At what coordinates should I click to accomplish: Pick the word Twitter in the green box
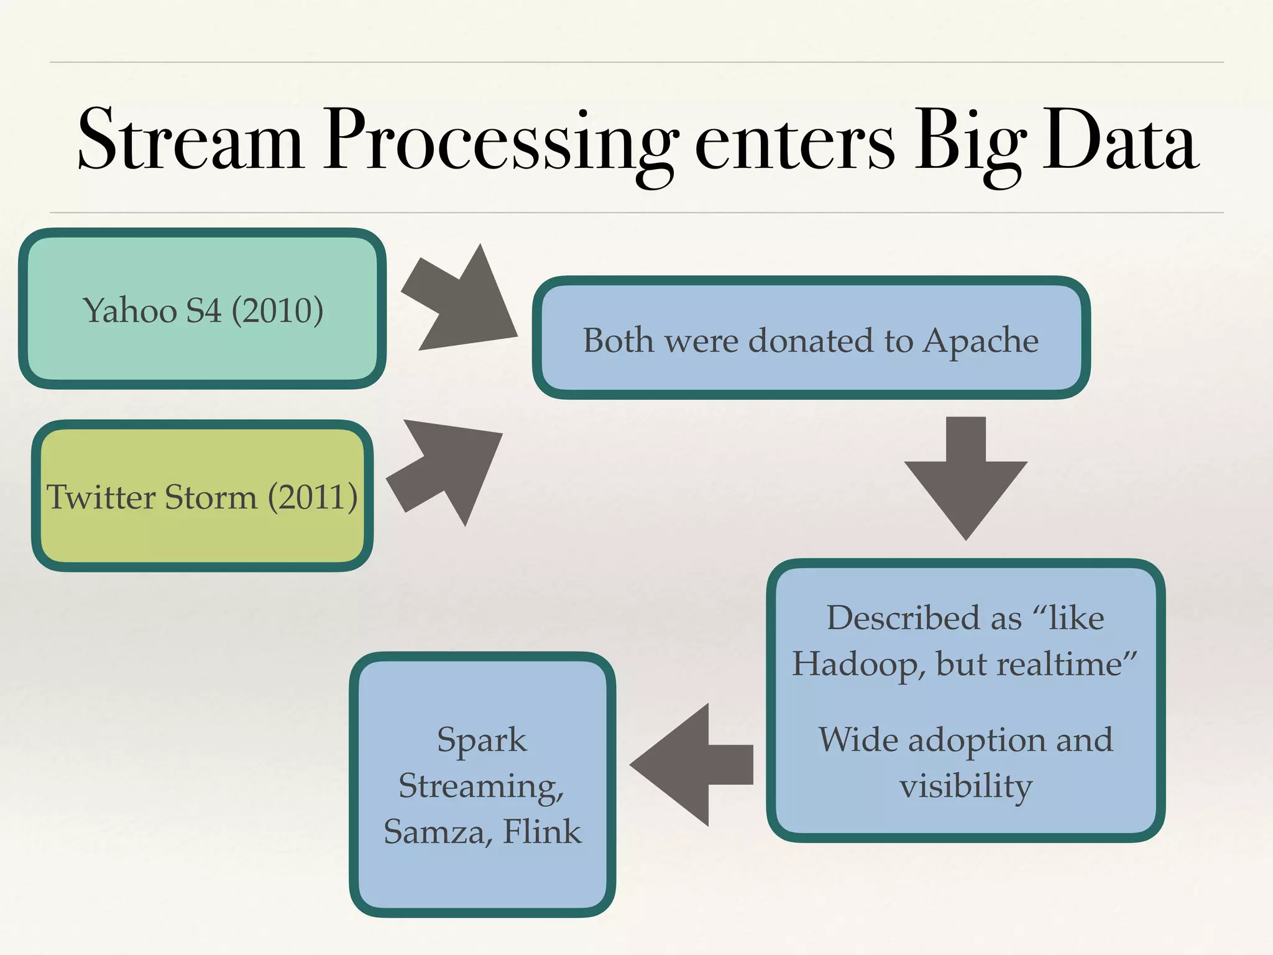coord(101,497)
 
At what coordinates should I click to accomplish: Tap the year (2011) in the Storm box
coord(313,497)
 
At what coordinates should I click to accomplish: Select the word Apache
coord(980,341)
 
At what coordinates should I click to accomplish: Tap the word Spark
coord(482,740)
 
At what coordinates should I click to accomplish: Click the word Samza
coord(434,832)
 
